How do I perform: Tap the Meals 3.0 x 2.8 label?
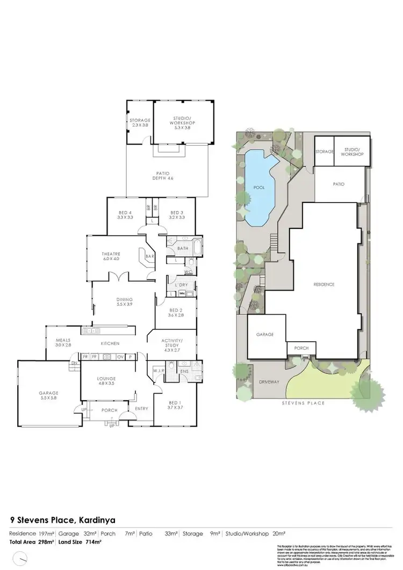click(63, 342)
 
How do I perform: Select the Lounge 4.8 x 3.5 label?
click(106, 381)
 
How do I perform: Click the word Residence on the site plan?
click(324, 284)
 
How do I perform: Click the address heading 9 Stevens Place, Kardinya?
click(63, 520)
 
